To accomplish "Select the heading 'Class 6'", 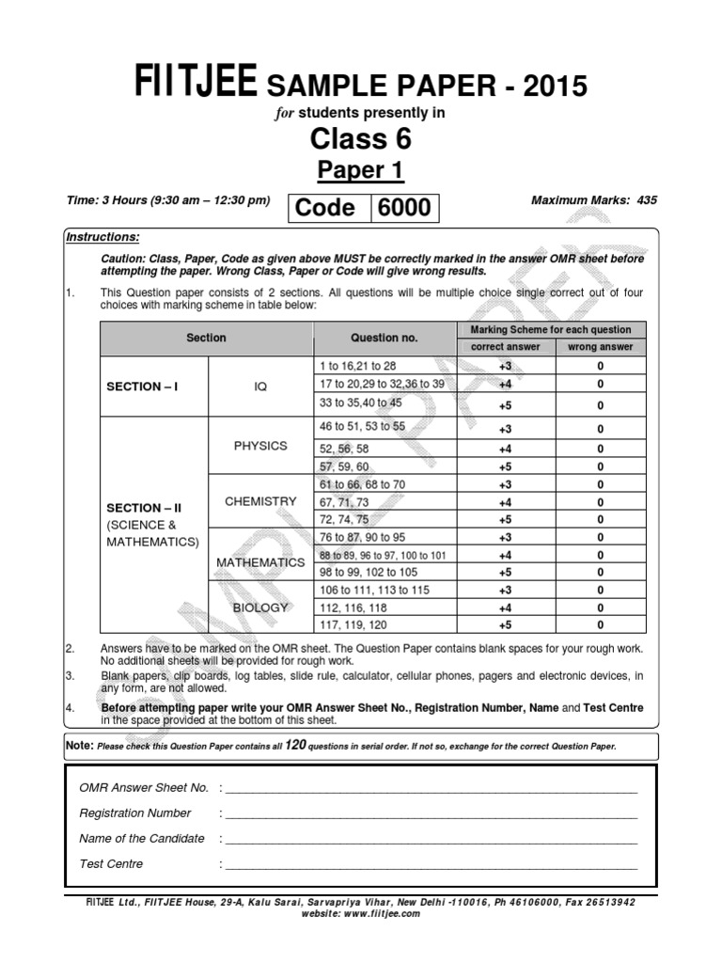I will tap(361, 140).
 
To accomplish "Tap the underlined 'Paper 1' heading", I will tap(361, 170).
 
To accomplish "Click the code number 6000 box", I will tap(403, 208).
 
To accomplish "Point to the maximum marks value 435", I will tap(647, 200).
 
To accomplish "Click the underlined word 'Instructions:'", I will tap(102, 237).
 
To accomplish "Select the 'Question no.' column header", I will tap(384, 338).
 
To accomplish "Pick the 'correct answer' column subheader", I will tap(505, 346).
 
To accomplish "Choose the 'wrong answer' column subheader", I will tap(601, 346).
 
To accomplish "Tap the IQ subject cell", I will tap(260, 386).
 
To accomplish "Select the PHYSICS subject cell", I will tap(260, 446).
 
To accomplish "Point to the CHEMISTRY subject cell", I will tap(260, 501).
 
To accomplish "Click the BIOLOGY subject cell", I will tap(260, 608).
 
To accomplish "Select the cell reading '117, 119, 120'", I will tap(354, 623).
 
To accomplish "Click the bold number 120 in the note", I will tap(298, 745).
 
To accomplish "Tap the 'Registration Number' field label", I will tap(135, 813).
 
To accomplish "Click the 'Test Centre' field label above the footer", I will tap(112, 863).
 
